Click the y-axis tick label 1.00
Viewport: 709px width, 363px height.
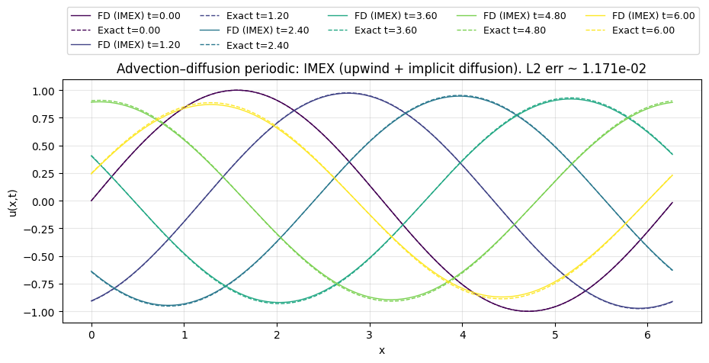pyautogui.click(x=43, y=91)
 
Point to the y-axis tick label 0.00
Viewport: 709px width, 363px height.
pyautogui.click(x=43, y=201)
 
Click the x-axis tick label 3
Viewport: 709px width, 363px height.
pyautogui.click(x=370, y=335)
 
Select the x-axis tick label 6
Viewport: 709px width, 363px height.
pyautogui.click(x=648, y=335)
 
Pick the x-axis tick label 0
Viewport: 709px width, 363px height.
pyautogui.click(x=91, y=335)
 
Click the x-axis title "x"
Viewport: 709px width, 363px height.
pyautogui.click(x=381, y=350)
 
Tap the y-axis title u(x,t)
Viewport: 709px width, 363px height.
pyautogui.click(x=14, y=201)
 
